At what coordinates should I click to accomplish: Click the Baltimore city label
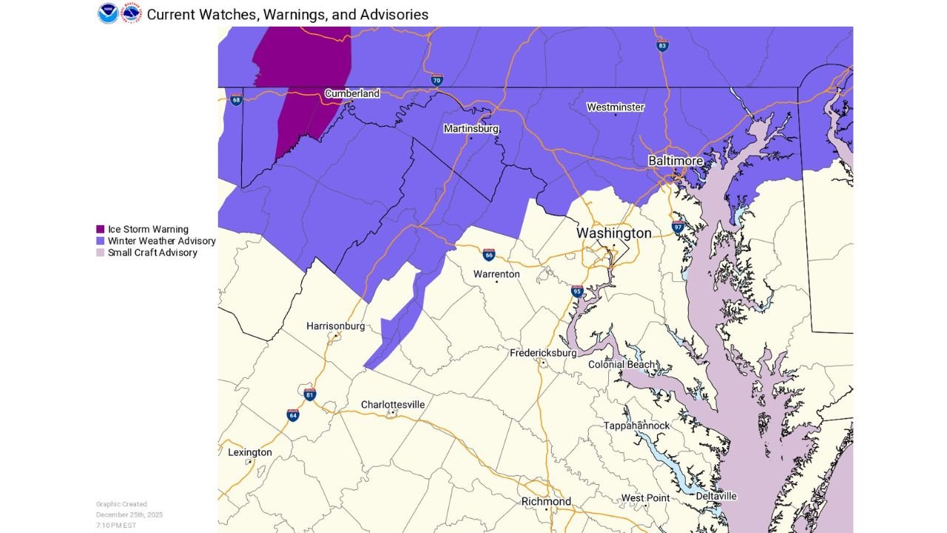pos(675,161)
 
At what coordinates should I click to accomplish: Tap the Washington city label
pos(613,233)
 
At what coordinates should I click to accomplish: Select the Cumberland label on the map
pos(351,94)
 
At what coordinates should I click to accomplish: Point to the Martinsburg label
pos(471,129)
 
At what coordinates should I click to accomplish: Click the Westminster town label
pos(615,107)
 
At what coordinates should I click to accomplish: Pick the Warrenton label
pos(496,275)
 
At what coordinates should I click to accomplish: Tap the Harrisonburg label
pos(335,326)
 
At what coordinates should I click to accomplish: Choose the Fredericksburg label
pos(542,353)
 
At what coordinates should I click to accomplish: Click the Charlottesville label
pos(393,405)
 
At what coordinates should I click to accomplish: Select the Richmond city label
pos(546,502)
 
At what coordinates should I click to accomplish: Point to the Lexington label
pos(249,452)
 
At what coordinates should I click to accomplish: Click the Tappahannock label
pos(636,426)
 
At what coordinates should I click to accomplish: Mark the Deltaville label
pos(715,496)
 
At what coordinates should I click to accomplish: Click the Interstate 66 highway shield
pos(489,255)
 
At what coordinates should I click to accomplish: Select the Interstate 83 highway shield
pos(663,46)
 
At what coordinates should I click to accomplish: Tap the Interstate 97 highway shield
pos(678,227)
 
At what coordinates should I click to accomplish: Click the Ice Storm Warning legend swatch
pos(100,229)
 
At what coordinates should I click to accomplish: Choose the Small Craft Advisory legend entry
pos(152,252)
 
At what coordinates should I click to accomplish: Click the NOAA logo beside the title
pos(108,13)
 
